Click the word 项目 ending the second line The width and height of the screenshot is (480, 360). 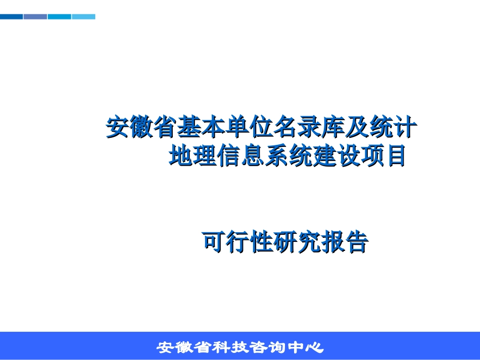(382, 157)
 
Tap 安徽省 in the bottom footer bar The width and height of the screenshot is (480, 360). (181, 348)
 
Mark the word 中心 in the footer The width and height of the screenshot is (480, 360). (307, 348)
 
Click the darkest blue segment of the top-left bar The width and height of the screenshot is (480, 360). (11, 17)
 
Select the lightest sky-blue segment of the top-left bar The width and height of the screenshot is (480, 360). (83, 17)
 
